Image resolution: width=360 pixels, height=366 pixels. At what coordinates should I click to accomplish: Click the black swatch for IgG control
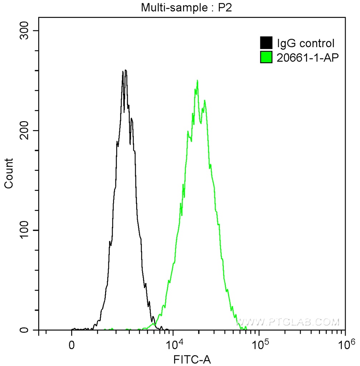266,43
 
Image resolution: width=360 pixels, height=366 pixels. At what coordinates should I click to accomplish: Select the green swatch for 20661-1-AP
266,57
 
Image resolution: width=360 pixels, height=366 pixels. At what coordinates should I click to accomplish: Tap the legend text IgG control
306,44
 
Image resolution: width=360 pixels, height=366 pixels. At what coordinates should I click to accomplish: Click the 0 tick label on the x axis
72,346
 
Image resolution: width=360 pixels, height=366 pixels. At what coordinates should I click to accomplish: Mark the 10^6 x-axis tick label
345,345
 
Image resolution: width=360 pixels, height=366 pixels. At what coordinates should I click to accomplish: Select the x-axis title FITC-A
192,359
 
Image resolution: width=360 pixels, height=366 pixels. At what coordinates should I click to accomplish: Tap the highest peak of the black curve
125,70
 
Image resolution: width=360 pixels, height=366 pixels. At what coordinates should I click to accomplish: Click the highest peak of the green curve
197,80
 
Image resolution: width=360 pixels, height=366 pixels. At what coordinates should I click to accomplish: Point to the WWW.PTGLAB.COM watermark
288,322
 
